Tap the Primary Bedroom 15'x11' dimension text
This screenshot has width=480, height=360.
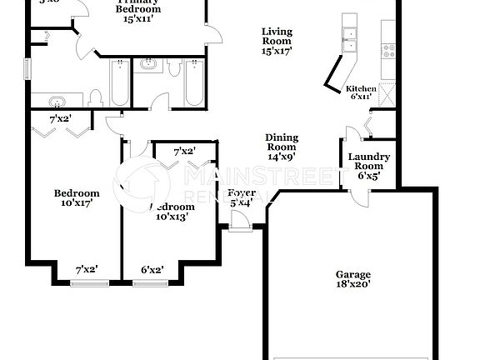pyautogui.click(x=139, y=17)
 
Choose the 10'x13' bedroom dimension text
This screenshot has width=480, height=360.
pyautogui.click(x=172, y=217)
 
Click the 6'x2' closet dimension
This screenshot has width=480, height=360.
pyautogui.click(x=151, y=269)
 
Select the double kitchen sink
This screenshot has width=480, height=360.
pyautogui.click(x=350, y=37)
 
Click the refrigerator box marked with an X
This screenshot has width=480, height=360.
pyautogui.click(x=387, y=92)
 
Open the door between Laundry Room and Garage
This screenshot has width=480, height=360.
pyautogui.click(x=362, y=197)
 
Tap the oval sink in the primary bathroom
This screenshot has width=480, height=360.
pyautogui.click(x=57, y=102)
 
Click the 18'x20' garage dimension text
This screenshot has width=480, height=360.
pyautogui.click(x=352, y=284)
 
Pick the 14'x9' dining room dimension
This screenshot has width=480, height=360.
pyautogui.click(x=282, y=155)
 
